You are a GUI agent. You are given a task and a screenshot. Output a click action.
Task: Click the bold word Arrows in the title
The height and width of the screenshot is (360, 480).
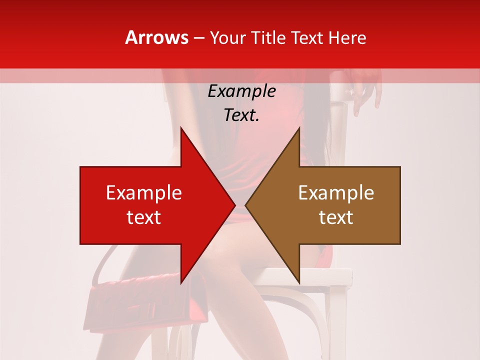coord(157,37)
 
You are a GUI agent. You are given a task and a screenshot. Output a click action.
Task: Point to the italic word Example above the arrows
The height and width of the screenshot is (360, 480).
coord(241,91)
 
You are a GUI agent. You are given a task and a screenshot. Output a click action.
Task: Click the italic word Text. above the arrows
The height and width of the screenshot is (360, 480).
coord(241,115)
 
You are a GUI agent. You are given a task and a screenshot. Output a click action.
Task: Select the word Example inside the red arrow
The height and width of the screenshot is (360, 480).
coord(144,193)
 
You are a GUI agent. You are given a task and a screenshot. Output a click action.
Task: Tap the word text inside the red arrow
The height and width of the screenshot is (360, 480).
coord(144,217)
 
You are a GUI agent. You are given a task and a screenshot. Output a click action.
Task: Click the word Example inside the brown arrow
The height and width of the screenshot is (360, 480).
coord(336,193)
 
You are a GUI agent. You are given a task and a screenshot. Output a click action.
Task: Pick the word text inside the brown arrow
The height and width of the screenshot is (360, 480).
coord(336,217)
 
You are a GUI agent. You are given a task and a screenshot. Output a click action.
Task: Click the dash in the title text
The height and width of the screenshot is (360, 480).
coord(199,38)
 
